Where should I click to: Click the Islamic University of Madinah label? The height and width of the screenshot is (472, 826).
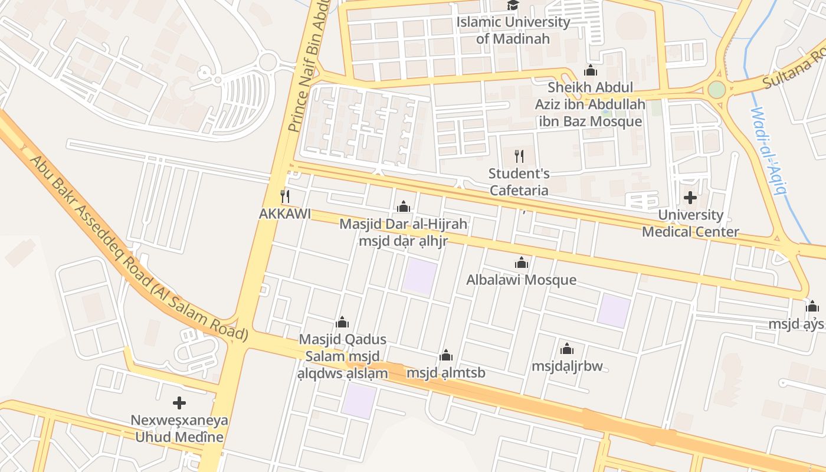pyautogui.click(x=513, y=31)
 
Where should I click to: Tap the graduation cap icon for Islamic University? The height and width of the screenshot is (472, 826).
pyautogui.click(x=513, y=5)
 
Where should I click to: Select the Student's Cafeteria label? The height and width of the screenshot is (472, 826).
pyautogui.click(x=519, y=182)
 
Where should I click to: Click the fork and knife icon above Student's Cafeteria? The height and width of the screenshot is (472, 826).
pyautogui.click(x=519, y=156)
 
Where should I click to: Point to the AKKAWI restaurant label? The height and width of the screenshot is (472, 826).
pyautogui.click(x=284, y=214)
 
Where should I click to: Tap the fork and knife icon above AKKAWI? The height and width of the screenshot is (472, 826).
pyautogui.click(x=285, y=196)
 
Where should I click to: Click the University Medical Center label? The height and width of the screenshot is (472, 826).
pyautogui.click(x=690, y=223)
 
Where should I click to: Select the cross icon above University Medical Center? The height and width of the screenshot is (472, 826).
pyautogui.click(x=690, y=198)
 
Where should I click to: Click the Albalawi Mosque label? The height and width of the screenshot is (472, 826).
pyautogui.click(x=521, y=280)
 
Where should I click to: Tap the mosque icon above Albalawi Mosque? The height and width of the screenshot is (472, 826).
pyautogui.click(x=522, y=263)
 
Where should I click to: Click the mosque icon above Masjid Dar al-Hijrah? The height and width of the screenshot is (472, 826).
pyautogui.click(x=404, y=206)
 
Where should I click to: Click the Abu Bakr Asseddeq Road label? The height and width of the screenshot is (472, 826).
pyautogui.click(x=139, y=248)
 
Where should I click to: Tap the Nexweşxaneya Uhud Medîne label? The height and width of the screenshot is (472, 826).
pyautogui.click(x=179, y=429)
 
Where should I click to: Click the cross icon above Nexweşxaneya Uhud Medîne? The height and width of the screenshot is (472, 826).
pyautogui.click(x=179, y=403)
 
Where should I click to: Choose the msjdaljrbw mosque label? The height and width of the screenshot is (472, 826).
pyautogui.click(x=567, y=366)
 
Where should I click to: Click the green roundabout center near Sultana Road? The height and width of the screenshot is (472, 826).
pyautogui.click(x=716, y=90)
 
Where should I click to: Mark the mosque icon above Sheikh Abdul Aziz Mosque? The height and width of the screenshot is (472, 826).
pyautogui.click(x=590, y=71)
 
